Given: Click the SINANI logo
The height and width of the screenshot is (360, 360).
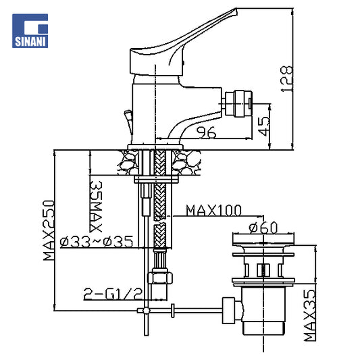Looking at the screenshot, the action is coord(30,31).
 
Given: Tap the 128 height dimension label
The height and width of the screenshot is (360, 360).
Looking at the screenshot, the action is coord(286,79).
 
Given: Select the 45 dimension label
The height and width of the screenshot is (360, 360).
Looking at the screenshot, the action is coord(263,126).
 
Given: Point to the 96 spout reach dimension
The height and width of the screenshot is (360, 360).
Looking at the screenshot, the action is coord(207,132).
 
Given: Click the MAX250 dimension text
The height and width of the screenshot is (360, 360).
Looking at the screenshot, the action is coord(49,230).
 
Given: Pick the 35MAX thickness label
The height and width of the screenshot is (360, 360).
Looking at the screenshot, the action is coord(95,207).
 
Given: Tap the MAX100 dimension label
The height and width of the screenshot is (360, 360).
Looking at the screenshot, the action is coord(213,210).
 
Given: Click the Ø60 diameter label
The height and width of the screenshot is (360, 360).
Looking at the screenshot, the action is coord(263,228).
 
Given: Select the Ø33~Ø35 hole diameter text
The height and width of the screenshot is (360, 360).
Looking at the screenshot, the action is coord(97,242).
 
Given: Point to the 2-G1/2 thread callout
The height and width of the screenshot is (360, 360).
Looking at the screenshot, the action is coord(113,294).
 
